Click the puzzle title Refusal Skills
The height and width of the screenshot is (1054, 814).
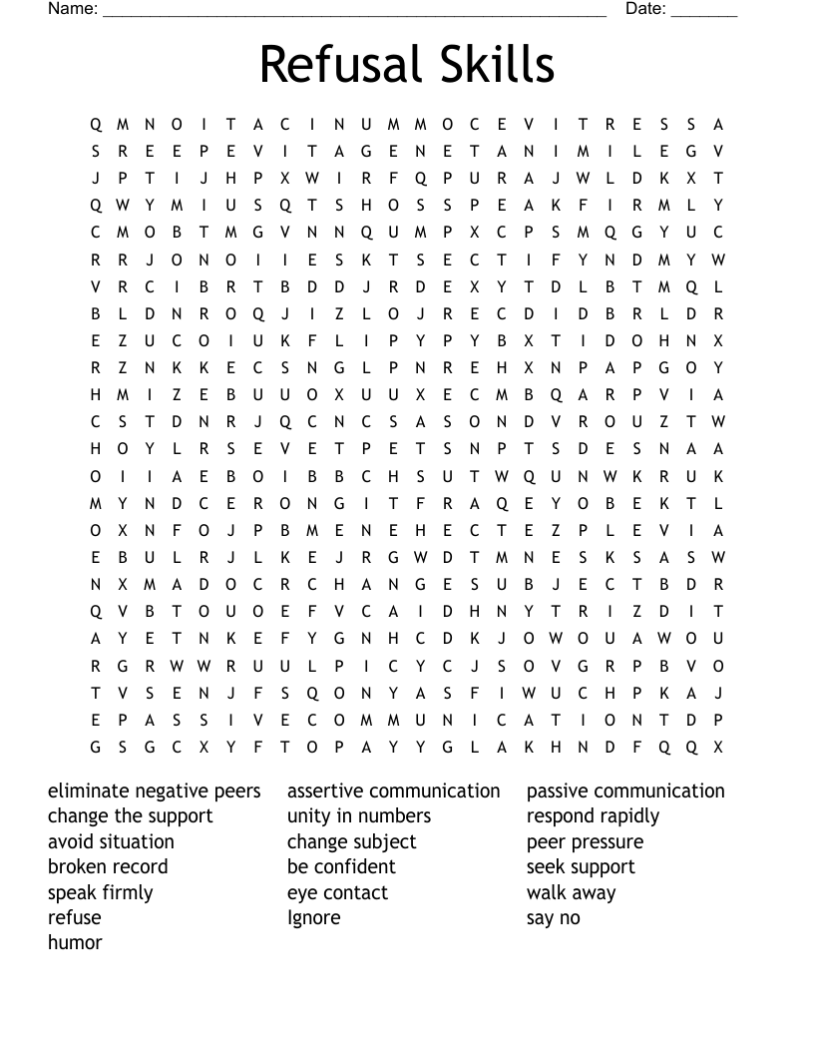(407, 65)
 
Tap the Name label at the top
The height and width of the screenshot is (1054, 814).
(73, 9)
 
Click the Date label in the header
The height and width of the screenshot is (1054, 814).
(645, 9)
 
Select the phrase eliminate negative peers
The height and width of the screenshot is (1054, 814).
(155, 791)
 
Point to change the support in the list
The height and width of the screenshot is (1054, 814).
(131, 816)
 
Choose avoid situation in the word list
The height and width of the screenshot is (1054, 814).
(111, 841)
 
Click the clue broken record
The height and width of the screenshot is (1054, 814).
(108, 866)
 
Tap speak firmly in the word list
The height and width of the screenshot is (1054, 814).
(101, 892)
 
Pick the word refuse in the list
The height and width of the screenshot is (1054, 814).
(75, 917)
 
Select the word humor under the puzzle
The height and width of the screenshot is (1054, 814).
(75, 942)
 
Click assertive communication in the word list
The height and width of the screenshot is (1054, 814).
(394, 791)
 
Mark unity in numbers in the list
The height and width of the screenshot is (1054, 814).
(359, 816)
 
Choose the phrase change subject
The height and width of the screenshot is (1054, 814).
(352, 841)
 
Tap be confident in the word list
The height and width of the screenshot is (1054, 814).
(341, 866)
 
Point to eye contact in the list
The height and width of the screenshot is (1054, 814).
(338, 892)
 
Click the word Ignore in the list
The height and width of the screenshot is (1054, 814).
(314, 917)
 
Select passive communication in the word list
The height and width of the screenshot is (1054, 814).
(625, 791)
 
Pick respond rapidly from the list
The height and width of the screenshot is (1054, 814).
(594, 816)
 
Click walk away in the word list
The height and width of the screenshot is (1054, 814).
(572, 892)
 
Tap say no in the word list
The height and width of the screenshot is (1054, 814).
(554, 917)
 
